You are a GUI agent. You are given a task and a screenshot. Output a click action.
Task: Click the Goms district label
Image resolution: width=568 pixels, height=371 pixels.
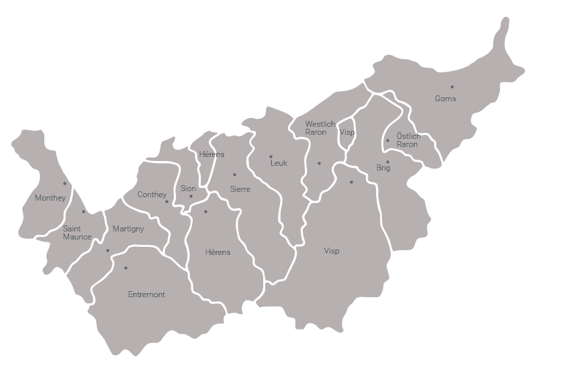click(445, 99)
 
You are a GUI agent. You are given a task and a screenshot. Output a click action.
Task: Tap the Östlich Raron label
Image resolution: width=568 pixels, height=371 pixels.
click(408, 140)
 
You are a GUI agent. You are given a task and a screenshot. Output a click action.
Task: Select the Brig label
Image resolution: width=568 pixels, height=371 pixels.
click(383, 168)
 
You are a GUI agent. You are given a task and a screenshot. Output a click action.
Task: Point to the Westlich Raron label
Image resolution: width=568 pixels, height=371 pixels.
click(320, 128)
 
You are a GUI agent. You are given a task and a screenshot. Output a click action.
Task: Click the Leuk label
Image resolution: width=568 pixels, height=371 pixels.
click(279, 163)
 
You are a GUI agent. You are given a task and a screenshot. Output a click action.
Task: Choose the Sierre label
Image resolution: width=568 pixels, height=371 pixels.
click(240, 189)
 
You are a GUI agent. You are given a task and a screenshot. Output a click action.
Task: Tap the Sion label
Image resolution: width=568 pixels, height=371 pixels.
click(188, 189)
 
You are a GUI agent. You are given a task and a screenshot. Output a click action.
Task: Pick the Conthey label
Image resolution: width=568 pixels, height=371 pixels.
click(152, 195)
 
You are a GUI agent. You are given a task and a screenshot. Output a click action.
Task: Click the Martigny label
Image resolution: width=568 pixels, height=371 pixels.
click(128, 229)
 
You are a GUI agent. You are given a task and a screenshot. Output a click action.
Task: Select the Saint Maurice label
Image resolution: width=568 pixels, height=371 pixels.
click(77, 232)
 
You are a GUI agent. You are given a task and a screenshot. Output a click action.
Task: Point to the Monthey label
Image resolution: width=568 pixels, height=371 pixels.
click(50, 198)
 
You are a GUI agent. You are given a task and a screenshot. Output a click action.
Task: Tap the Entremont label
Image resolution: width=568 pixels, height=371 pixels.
click(146, 295)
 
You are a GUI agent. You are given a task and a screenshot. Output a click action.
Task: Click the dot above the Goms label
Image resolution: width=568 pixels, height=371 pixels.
click(452, 87)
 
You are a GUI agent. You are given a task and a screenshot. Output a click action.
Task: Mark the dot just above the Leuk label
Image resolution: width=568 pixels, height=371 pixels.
click(271, 157)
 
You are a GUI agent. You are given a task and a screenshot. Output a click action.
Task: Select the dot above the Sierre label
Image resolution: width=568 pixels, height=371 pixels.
click(234, 175)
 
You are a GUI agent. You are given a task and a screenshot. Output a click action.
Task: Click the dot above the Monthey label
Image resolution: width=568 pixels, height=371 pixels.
click(65, 183)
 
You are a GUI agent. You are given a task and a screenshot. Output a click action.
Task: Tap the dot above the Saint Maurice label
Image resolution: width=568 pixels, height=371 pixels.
click(83, 212)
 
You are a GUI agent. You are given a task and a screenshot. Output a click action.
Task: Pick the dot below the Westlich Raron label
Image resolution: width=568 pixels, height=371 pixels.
click(319, 163)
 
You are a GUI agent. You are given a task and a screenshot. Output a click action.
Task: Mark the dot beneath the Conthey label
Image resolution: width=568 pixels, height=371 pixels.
click(167, 201)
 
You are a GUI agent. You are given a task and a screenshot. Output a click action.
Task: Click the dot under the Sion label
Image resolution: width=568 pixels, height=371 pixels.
click(191, 197)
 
